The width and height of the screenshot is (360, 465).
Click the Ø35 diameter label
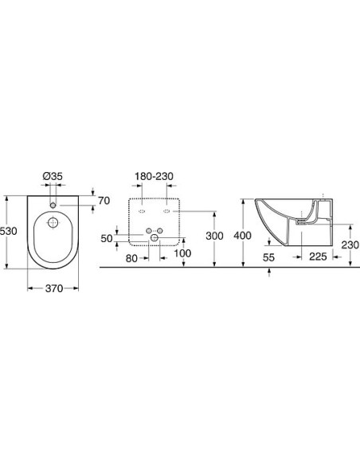click(53, 176)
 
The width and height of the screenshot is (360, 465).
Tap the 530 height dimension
click(9, 231)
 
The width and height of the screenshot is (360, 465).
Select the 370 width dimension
click(54, 288)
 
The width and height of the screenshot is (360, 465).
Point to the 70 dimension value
click(104, 201)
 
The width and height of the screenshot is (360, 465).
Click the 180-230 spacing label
click(154, 176)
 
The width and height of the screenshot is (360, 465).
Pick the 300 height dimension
click(214, 236)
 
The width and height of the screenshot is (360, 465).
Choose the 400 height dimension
click(242, 236)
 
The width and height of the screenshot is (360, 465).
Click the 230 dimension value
click(350, 245)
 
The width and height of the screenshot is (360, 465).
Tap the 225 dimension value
click(318, 256)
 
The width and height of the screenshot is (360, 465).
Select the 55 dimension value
click(268, 257)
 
